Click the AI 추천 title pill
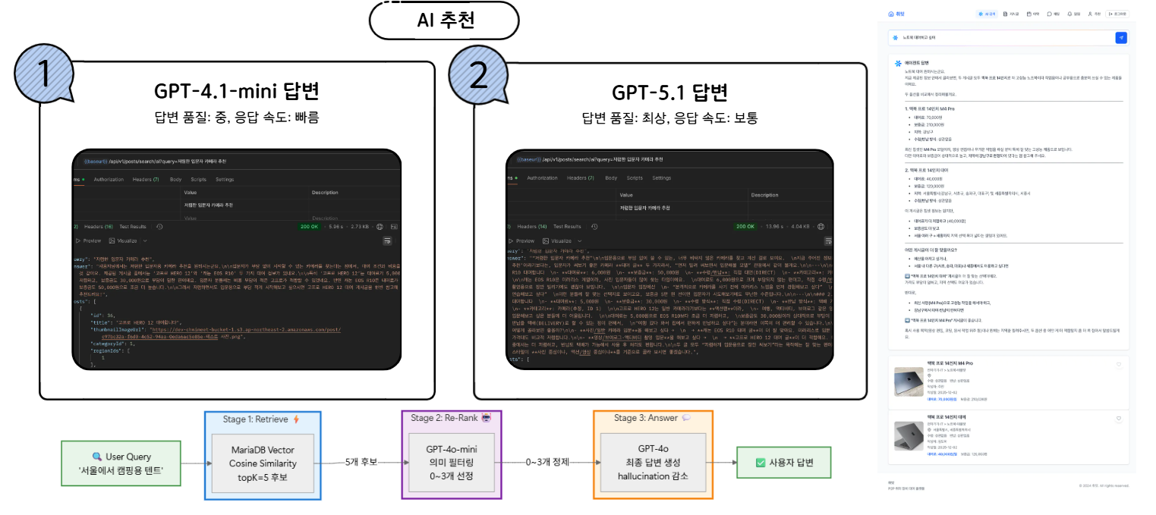click(x=446, y=20)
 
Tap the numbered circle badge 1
click(x=44, y=74)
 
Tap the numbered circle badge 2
click(x=478, y=74)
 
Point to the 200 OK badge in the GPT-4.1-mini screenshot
click(x=310, y=226)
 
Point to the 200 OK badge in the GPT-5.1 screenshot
click(x=745, y=226)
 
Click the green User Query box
click(x=121, y=463)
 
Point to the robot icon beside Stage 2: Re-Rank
click(x=487, y=417)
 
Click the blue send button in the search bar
click(x=1121, y=37)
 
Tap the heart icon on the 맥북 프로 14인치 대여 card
click(x=1119, y=419)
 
